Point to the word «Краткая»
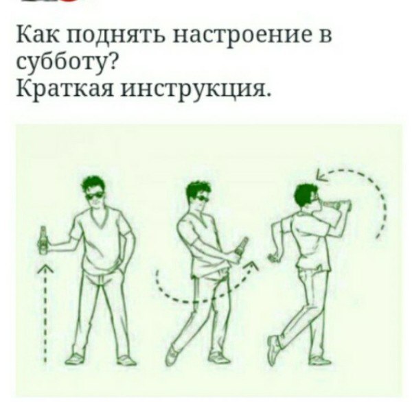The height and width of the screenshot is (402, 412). coord(65,88)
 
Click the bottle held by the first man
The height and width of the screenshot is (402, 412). coord(43,240)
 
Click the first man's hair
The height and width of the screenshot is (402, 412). coord(93,184)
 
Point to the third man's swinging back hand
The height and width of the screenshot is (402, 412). coord(273,257)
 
